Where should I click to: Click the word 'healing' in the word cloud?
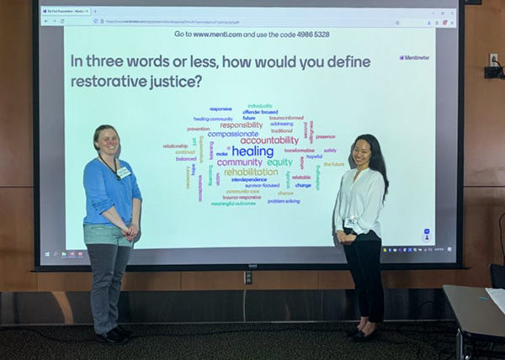click(x=252, y=151)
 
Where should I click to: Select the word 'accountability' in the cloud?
click(x=269, y=140)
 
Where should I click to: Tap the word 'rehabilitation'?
click(x=251, y=172)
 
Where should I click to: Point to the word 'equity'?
click(x=280, y=162)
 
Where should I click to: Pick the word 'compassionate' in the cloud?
click(x=233, y=133)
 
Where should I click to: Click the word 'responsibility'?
click(x=241, y=124)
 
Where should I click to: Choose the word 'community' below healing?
click(x=240, y=162)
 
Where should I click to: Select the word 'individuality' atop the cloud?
click(x=260, y=106)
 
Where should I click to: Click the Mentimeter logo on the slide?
click(x=413, y=57)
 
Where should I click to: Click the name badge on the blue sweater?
click(x=124, y=172)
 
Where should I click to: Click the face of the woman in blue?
click(x=108, y=140)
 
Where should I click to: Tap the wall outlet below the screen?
click(x=247, y=277)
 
